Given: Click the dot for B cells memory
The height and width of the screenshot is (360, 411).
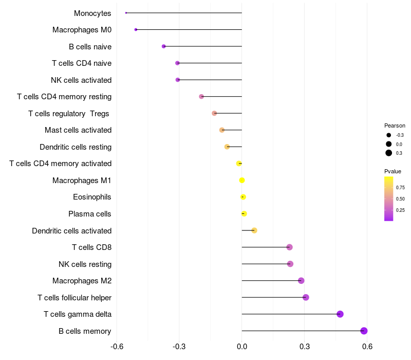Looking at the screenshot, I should (x=364, y=331).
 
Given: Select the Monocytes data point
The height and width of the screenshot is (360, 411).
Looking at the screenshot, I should (x=126, y=13).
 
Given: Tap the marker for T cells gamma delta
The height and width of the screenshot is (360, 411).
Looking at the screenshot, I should (x=340, y=314).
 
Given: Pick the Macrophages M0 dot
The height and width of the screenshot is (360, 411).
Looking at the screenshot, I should (x=136, y=30).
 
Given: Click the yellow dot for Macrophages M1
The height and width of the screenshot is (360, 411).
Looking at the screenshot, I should (x=242, y=180).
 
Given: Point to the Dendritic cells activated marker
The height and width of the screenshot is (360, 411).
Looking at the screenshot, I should (x=254, y=230).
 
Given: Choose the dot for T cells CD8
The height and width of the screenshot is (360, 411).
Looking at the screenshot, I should (x=289, y=247).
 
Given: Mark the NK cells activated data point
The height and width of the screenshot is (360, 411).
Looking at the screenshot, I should (x=178, y=80).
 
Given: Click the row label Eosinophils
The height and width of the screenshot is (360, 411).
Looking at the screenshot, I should (x=92, y=197).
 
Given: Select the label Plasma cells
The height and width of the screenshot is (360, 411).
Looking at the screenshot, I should (x=90, y=214).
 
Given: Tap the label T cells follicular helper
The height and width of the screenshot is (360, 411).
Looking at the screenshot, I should (x=74, y=298).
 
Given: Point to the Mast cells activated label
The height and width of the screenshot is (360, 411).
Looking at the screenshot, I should (x=78, y=130).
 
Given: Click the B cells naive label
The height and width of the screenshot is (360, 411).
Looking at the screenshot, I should (x=90, y=47).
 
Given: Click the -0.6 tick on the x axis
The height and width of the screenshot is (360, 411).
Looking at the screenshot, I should (x=117, y=346).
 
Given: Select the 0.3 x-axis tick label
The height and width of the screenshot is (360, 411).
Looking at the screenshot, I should (x=304, y=346).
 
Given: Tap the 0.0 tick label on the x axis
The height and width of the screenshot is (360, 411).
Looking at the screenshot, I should (x=241, y=346).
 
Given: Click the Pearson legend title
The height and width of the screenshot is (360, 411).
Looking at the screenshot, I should (x=395, y=125).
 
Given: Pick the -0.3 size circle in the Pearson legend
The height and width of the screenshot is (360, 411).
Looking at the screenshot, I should (x=389, y=135).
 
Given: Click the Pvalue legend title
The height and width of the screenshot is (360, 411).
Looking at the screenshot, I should (x=393, y=171).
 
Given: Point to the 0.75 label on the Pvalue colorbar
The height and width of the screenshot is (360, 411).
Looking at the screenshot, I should (x=400, y=188).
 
